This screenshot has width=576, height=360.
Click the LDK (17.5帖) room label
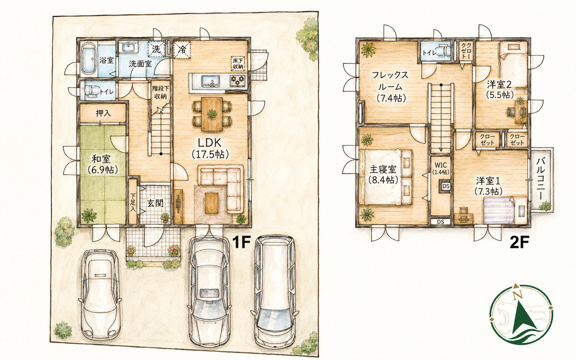coord(210,148)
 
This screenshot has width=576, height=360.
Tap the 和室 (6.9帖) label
coord(103,165)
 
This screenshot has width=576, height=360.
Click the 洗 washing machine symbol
coord(156,49)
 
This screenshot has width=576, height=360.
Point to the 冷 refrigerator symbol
coord(182,49)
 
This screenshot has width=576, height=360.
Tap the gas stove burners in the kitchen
coord(237,80)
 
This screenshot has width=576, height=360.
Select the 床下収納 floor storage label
coord(238,63)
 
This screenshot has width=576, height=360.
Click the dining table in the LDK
coord(212,114)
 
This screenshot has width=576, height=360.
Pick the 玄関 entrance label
coord(155,203)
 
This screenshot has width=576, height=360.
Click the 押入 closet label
coord(103,113)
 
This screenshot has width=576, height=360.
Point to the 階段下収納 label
coord(161,93)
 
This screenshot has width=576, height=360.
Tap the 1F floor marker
coord(242,242)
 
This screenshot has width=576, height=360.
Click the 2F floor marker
coord(519,243)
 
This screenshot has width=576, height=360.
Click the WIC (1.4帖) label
coord(441,168)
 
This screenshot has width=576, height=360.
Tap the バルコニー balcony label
coord(541,179)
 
